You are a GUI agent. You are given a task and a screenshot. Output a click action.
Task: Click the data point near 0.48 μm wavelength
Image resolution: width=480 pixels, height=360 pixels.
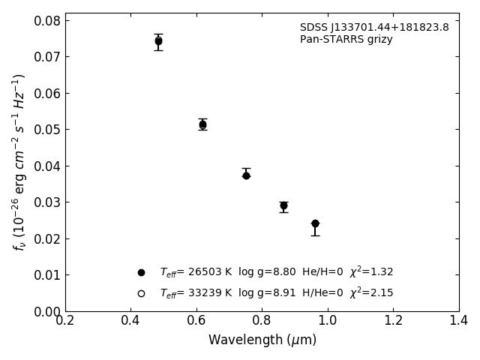click(158, 41)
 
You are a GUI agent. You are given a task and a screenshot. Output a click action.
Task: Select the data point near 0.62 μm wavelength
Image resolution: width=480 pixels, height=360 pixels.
click(202, 124)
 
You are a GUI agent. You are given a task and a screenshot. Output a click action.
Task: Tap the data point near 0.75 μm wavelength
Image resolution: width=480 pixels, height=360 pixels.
click(246, 175)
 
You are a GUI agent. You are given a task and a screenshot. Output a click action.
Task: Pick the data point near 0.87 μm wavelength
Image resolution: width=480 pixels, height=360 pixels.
click(283, 205)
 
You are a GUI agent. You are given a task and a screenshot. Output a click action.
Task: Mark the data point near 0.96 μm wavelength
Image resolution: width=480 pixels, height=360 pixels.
click(315, 223)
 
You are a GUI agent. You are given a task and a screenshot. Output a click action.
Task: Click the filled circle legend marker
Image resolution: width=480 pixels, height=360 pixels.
click(141, 272)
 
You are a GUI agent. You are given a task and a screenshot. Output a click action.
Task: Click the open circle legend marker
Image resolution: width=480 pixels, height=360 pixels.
click(141, 293)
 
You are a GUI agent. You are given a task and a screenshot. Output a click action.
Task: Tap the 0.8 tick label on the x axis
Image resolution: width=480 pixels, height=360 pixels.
click(262, 321)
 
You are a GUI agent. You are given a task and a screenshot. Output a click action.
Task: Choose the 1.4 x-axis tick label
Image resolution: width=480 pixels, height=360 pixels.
click(459, 321)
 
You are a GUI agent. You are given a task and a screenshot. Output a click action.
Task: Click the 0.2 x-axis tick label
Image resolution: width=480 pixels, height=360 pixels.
click(65, 321)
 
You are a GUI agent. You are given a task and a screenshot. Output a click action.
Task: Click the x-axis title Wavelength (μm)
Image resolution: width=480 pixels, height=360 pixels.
click(262, 340)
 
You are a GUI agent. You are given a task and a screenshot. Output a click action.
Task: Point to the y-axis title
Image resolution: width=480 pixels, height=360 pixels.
click(19, 162)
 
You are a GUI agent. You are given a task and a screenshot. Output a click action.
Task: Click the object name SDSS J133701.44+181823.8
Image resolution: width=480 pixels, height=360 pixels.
click(374, 28)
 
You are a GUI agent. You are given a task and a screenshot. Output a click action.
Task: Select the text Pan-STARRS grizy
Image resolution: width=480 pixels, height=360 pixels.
click(346, 40)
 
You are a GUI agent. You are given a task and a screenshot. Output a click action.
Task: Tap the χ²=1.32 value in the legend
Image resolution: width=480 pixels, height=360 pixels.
click(371, 272)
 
